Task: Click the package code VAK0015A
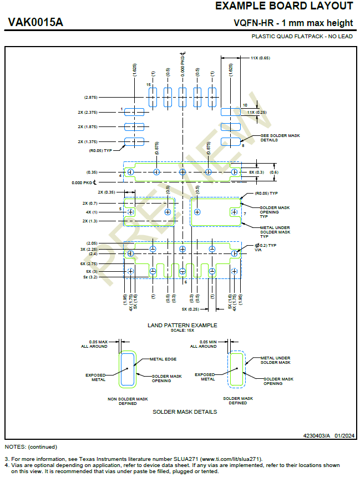click(x=36, y=22)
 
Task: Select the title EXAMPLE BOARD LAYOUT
click(x=283, y=6)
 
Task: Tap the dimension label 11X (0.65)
click(x=260, y=58)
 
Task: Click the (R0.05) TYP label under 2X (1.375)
click(x=100, y=150)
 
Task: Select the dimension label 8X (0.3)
click(x=256, y=172)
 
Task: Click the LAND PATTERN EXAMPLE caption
click(x=182, y=325)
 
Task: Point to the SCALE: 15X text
click(x=182, y=330)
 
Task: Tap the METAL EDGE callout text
click(x=163, y=359)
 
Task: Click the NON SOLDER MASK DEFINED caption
click(x=128, y=400)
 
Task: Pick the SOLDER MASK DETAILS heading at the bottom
click(x=185, y=412)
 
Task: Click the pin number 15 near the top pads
click(x=149, y=84)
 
